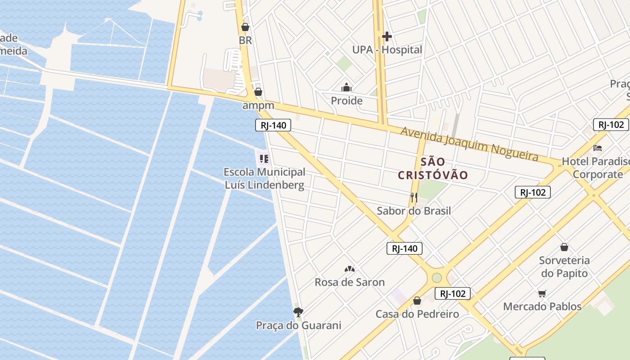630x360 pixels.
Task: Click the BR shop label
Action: pos(245,40)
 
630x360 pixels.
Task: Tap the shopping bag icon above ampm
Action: pos(258,92)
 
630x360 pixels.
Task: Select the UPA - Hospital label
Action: pos(387,49)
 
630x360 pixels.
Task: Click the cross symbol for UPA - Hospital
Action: pos(387,36)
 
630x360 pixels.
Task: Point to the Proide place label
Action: pos(346,100)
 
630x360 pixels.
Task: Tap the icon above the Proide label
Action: pos(346,87)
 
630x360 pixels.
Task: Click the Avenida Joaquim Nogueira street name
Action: pos(469,144)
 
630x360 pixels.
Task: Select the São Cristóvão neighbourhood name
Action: pos(433,168)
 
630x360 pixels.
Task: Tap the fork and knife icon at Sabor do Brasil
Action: pos(414,197)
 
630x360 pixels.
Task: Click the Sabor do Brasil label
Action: pos(414,211)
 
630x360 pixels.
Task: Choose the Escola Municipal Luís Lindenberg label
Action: pos(265,178)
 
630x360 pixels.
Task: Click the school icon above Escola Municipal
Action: pos(264,158)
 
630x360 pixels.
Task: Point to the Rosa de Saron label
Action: pos(350,282)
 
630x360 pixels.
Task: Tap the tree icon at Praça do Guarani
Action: pos(298,312)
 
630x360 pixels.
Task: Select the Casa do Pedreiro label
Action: pos(417,314)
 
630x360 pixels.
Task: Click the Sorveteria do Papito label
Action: pos(564,266)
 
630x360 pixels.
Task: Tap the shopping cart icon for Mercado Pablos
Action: pos(542,293)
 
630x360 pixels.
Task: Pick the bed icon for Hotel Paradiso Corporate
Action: pos(598,148)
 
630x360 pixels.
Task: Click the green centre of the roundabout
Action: pos(437,277)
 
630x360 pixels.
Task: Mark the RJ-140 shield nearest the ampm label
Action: pos(273,125)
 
